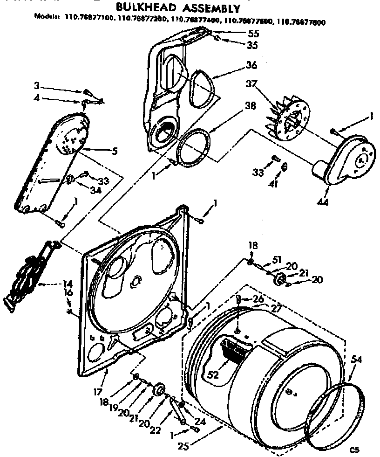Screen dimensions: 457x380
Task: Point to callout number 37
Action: click(251, 84)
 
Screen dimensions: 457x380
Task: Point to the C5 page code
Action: click(355, 450)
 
